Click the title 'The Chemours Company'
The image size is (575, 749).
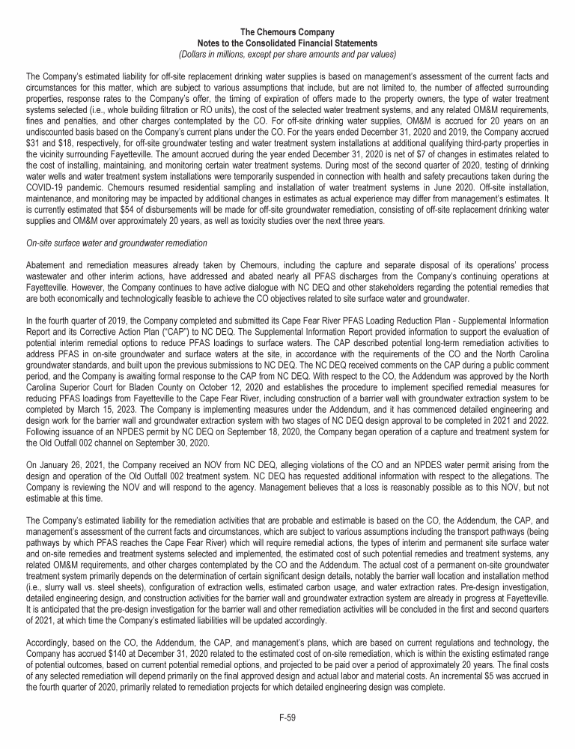[x=287, y=33]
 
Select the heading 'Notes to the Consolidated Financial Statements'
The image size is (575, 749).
[x=287, y=43]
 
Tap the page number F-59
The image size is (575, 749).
[x=287, y=718]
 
